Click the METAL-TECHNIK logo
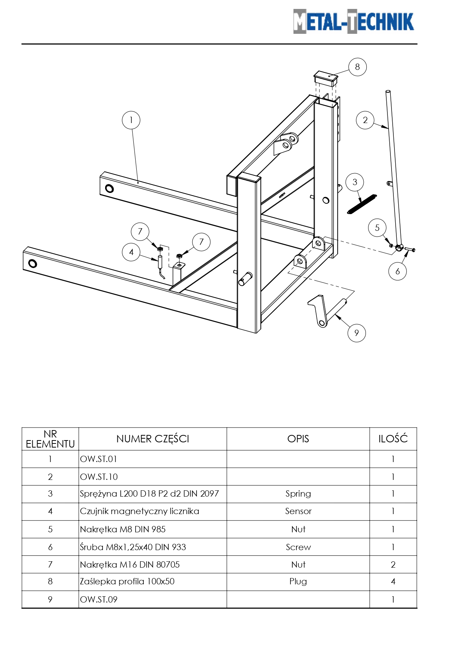click(353, 22)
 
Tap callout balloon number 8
click(357, 67)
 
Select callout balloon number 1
click(131, 120)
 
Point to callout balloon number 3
click(354, 182)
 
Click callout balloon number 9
click(357, 333)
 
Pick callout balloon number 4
click(131, 252)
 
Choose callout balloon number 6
click(397, 271)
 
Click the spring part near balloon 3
click(361, 204)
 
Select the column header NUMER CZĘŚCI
click(153, 439)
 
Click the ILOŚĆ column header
click(393, 439)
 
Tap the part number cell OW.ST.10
click(99, 477)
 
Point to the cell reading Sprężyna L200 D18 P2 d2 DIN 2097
click(149, 494)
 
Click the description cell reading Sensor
click(298, 511)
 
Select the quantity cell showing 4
click(393, 581)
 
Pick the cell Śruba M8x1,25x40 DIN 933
click(133, 547)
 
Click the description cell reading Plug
click(298, 581)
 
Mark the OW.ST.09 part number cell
click(99, 599)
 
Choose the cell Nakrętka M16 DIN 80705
click(130, 565)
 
